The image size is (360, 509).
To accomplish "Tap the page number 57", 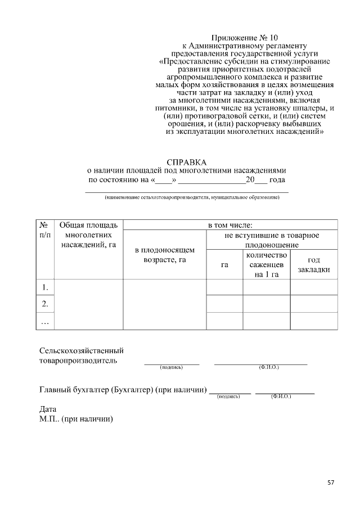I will [x=331, y=483].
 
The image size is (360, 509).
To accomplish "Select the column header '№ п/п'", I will [x=44, y=230].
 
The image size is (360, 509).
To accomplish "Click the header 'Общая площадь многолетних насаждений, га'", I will [x=88, y=235].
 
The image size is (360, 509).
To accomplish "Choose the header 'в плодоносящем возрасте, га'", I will [x=164, y=255].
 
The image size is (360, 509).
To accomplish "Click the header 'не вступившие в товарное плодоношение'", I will [x=272, y=240].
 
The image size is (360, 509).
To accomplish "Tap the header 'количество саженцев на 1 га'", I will [x=266, y=264].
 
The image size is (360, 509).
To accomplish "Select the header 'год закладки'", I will [x=314, y=265].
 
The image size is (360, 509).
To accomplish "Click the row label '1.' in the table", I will [x=44, y=287].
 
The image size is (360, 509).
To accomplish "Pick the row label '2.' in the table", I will [x=44, y=304].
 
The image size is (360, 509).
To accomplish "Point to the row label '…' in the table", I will [x=44, y=321].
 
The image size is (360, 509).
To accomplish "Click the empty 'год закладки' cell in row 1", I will [x=314, y=287].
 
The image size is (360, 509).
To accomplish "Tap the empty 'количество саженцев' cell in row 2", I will [x=266, y=304].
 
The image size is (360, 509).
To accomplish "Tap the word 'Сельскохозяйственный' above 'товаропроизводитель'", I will [x=81, y=350].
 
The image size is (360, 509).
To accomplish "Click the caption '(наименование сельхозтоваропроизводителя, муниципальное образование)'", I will [x=191, y=198].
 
